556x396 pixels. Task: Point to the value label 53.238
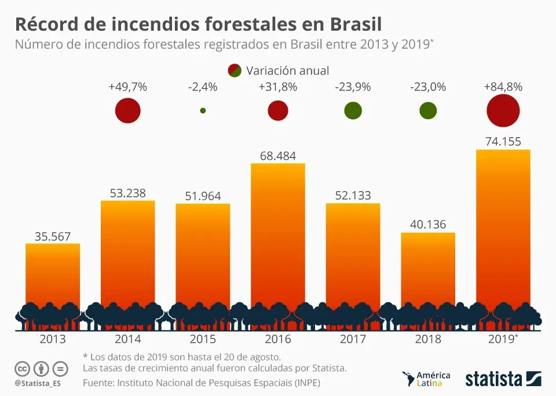click(127, 193)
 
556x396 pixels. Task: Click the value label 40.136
click(428, 224)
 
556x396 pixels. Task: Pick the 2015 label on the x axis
click(203, 339)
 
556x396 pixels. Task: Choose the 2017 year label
click(353, 339)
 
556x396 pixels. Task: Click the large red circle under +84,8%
click(503, 111)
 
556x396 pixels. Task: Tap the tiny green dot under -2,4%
click(203, 111)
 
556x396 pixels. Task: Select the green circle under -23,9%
click(353, 111)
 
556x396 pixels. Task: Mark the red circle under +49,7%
click(127, 111)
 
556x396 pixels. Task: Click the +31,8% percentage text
click(278, 87)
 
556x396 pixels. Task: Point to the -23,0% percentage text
click(428, 87)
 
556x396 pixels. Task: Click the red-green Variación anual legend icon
click(235, 71)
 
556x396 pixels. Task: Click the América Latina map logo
click(426, 379)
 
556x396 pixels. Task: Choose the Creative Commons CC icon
click(22, 368)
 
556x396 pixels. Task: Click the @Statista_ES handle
click(38, 383)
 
